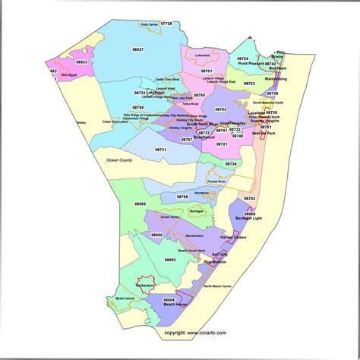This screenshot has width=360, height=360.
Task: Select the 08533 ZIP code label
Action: [x=81, y=62]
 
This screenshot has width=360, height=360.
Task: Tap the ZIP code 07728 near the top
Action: [x=166, y=24]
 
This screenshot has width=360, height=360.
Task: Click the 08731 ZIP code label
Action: [x=161, y=150]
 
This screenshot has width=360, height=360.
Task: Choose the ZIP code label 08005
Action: [x=141, y=204]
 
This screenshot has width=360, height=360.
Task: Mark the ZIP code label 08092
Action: [x=169, y=259]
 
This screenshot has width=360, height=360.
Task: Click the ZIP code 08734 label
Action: [x=231, y=163]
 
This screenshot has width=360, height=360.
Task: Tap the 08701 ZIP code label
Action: [x=207, y=71]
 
